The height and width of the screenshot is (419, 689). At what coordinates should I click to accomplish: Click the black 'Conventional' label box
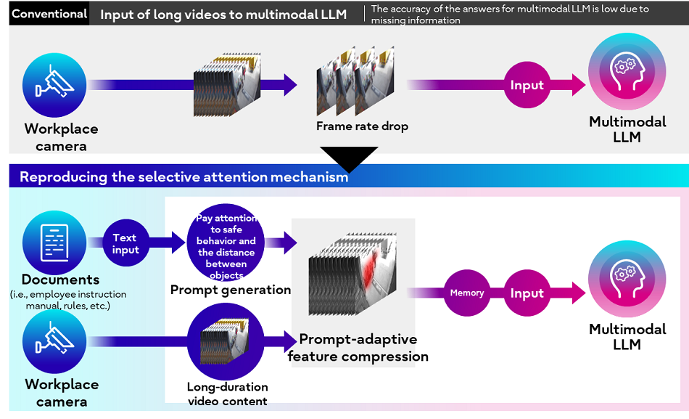click(49, 14)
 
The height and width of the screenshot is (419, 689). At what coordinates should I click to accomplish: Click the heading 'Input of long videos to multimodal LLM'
click(223, 15)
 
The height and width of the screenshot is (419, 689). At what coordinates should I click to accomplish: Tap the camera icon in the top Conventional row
click(54, 85)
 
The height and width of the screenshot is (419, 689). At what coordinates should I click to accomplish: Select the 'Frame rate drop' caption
click(362, 126)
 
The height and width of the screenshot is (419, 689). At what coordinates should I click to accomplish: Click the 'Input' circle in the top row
click(527, 85)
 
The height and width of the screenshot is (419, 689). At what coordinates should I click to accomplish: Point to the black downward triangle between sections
click(349, 158)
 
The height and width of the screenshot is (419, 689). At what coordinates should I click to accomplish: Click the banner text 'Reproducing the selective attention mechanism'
click(183, 177)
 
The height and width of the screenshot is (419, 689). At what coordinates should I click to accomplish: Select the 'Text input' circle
click(125, 243)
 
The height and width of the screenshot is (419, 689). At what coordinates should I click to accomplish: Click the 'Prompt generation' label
click(231, 290)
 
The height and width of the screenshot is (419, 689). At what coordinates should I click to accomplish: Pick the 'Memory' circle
click(467, 293)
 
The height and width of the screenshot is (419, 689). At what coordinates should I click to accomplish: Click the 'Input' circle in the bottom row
click(527, 293)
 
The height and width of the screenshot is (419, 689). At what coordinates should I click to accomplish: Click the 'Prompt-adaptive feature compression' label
click(358, 348)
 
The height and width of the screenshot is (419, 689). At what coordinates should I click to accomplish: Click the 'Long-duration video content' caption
click(227, 394)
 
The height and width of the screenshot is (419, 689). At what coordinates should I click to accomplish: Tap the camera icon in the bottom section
click(54, 341)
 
